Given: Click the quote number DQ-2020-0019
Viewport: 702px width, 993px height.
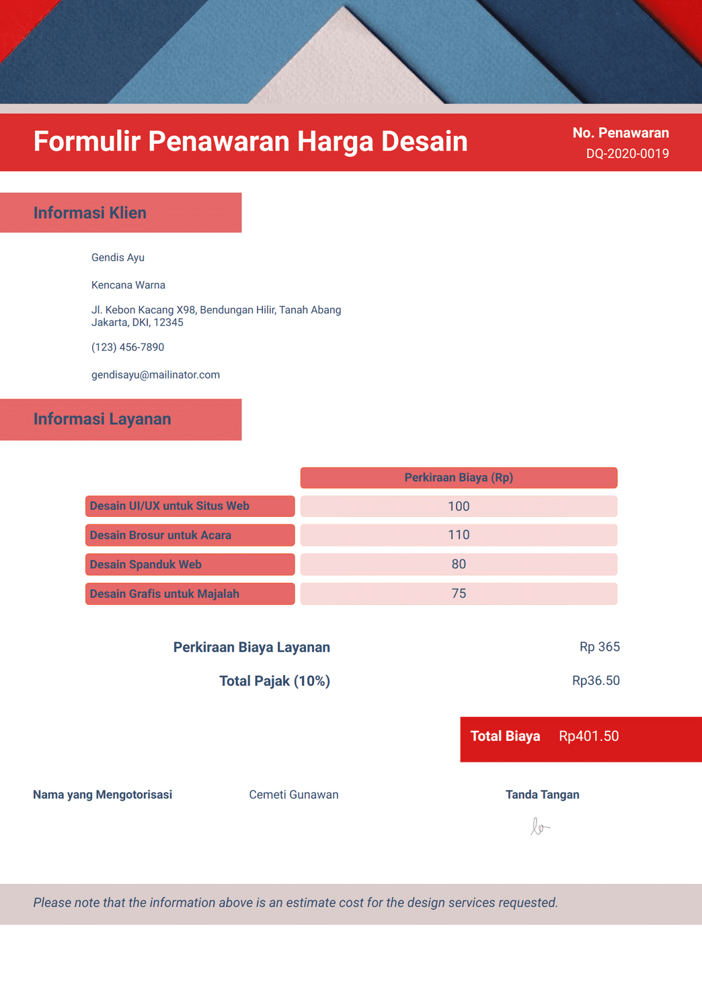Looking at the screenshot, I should point(627,154).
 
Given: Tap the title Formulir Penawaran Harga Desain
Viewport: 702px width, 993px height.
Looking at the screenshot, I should point(250,142).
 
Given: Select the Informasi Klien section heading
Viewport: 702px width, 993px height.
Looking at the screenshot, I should point(90,213).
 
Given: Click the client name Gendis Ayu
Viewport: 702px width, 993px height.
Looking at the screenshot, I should point(118,257).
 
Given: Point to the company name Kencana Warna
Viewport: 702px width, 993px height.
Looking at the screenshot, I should point(128,285).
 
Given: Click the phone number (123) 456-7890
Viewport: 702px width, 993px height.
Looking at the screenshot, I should point(128,348).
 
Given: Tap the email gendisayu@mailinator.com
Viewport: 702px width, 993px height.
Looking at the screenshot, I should point(155,375).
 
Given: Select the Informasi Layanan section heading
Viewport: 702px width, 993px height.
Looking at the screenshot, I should point(102,420).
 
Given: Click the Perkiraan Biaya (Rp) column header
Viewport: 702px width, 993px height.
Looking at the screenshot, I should point(459,478).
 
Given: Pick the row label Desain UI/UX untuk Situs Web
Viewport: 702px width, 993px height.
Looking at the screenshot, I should point(169,506).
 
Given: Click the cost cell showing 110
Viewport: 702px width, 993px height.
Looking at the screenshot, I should point(459,535).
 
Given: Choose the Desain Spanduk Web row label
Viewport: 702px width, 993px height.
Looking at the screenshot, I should point(146,565).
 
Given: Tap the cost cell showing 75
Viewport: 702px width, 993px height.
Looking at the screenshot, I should point(459,594).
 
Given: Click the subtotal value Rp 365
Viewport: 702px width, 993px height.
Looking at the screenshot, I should point(599,647).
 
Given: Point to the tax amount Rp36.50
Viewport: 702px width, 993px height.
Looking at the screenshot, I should point(596,680).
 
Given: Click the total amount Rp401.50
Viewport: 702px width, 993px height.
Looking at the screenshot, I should point(588,736).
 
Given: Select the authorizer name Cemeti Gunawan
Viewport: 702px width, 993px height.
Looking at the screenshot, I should point(294,795).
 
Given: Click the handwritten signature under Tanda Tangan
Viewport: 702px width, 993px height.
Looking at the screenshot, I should point(539,827).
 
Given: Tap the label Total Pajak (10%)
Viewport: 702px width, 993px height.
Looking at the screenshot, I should point(274,681).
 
